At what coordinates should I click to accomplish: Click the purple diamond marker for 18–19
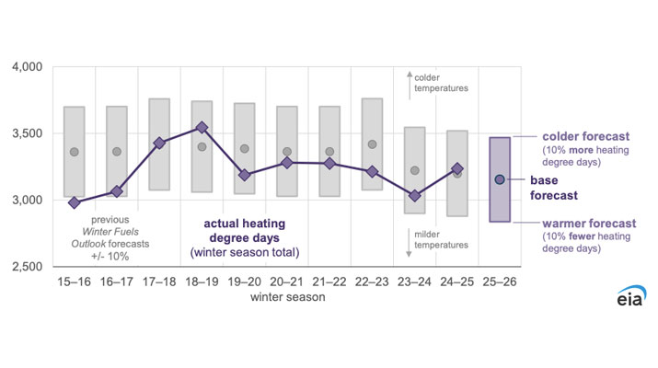pyautogui.click(x=202, y=128)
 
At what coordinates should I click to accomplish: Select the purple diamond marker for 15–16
pyautogui.click(x=75, y=202)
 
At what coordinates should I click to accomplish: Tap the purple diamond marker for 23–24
pyautogui.click(x=415, y=195)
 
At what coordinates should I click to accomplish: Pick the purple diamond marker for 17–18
pyautogui.click(x=159, y=143)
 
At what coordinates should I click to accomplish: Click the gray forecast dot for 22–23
pyautogui.click(x=372, y=144)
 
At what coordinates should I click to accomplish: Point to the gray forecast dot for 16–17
pyautogui.click(x=117, y=152)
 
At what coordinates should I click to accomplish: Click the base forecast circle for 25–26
pyautogui.click(x=500, y=179)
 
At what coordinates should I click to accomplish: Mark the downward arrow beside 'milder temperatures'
pyautogui.click(x=408, y=236)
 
